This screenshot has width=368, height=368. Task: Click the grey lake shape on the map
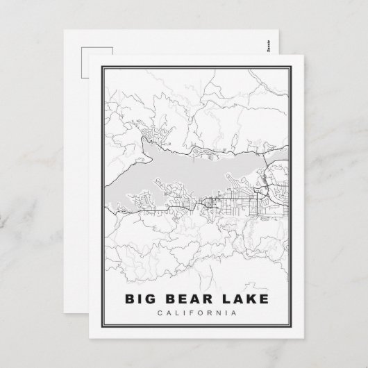181,174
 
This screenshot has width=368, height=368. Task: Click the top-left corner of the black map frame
103,68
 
